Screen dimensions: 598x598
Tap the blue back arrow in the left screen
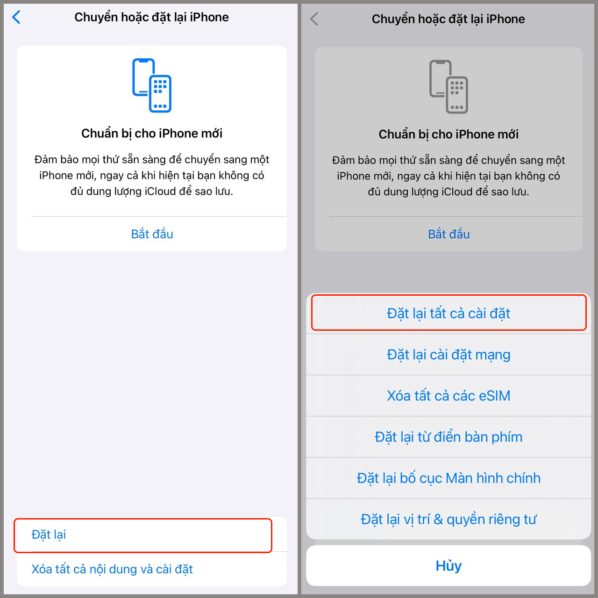[16, 17]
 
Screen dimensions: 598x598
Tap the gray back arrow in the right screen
[314, 19]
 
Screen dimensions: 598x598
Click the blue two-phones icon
[152, 85]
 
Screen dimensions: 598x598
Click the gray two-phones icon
[448, 87]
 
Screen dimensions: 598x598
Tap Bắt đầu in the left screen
[152, 234]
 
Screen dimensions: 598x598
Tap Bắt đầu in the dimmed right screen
[448, 234]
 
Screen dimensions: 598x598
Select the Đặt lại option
[49, 534]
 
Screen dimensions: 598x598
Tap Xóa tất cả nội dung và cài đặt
[112, 569]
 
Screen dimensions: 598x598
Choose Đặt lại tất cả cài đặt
[448, 313]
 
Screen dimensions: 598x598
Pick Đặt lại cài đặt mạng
[448, 355]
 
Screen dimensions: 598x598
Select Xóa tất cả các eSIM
[448, 396]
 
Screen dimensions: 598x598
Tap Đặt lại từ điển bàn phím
[448, 437]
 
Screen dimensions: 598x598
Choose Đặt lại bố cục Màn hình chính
[448, 478]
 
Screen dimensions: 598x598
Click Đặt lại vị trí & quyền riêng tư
[448, 519]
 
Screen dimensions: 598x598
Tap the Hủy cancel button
[448, 566]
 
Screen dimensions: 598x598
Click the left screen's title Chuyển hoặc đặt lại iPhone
[152, 17]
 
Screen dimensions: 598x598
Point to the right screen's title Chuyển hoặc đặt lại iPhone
[448, 19]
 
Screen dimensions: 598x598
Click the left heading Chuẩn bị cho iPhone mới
[152, 134]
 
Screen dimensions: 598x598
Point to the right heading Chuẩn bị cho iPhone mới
[448, 135]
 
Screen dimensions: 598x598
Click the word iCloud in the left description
[160, 192]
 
